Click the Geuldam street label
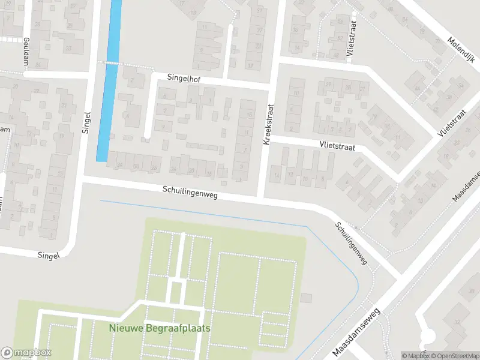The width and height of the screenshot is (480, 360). coord(26,47)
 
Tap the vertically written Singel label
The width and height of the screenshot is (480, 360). coord(86,122)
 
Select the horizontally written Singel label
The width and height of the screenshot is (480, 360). coord(49,256)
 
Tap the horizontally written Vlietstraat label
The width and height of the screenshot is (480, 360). coord(337,146)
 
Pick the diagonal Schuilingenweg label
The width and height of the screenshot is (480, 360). coord(351,244)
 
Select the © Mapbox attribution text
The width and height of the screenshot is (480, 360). coord(416,356)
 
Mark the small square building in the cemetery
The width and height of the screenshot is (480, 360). coord(307,298)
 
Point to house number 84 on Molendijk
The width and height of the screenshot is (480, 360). coord(404,20)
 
